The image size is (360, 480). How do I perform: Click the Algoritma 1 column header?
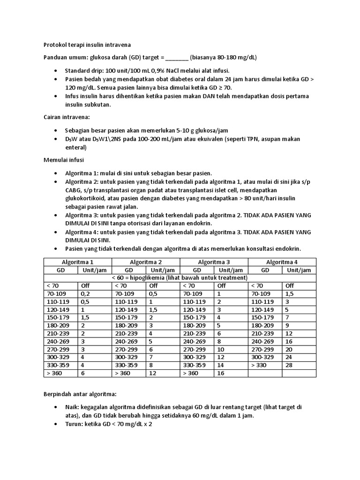77,262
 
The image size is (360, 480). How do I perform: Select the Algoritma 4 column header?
282,262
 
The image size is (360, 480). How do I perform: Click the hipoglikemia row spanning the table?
180,277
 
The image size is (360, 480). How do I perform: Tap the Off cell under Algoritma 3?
221,285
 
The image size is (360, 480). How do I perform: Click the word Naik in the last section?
72,407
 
